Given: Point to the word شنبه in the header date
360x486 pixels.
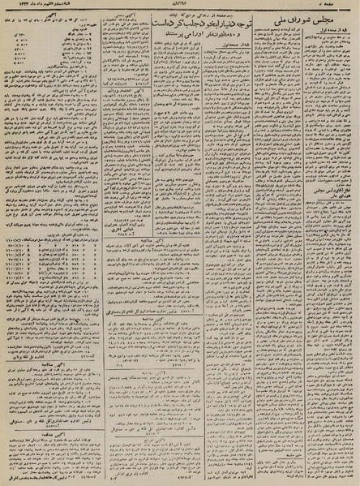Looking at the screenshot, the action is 74,7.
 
